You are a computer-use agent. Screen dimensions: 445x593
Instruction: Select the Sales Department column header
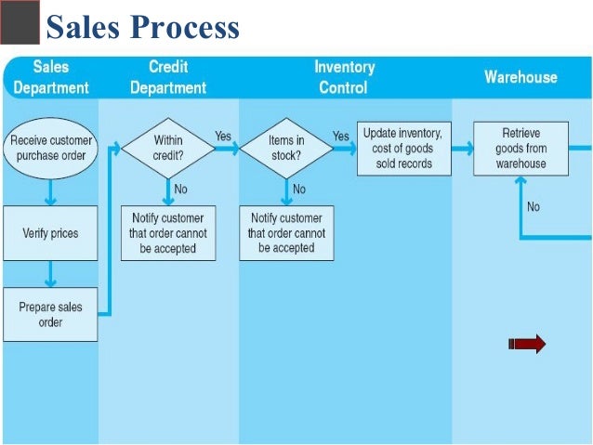click(x=50, y=77)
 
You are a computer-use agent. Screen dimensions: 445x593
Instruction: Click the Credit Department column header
click(x=168, y=77)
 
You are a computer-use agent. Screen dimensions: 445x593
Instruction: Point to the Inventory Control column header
click(x=344, y=77)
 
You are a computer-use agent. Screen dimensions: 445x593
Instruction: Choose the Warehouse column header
click(x=521, y=77)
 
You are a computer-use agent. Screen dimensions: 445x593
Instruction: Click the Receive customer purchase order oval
click(x=51, y=148)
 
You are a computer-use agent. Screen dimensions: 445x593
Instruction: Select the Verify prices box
click(x=50, y=233)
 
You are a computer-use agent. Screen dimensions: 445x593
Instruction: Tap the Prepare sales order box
click(x=50, y=315)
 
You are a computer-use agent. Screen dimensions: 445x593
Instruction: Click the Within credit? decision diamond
click(x=168, y=148)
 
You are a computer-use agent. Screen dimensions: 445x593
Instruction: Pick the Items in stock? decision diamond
click(x=286, y=148)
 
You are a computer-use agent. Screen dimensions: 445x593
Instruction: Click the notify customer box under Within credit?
click(x=168, y=233)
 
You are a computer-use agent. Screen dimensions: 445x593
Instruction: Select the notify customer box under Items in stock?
click(x=286, y=233)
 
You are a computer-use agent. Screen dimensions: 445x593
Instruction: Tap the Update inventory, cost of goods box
click(x=402, y=148)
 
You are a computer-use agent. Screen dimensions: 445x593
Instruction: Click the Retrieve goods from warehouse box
click(x=521, y=148)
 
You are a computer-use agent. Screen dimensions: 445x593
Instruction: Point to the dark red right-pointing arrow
click(x=528, y=345)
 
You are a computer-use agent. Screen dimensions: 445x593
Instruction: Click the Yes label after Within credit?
click(x=223, y=137)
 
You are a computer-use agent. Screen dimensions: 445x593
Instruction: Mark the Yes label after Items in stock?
click(x=341, y=137)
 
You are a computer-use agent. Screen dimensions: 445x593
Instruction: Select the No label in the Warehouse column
click(x=533, y=207)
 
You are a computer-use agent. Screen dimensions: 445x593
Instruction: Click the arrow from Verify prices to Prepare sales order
click(x=50, y=274)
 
